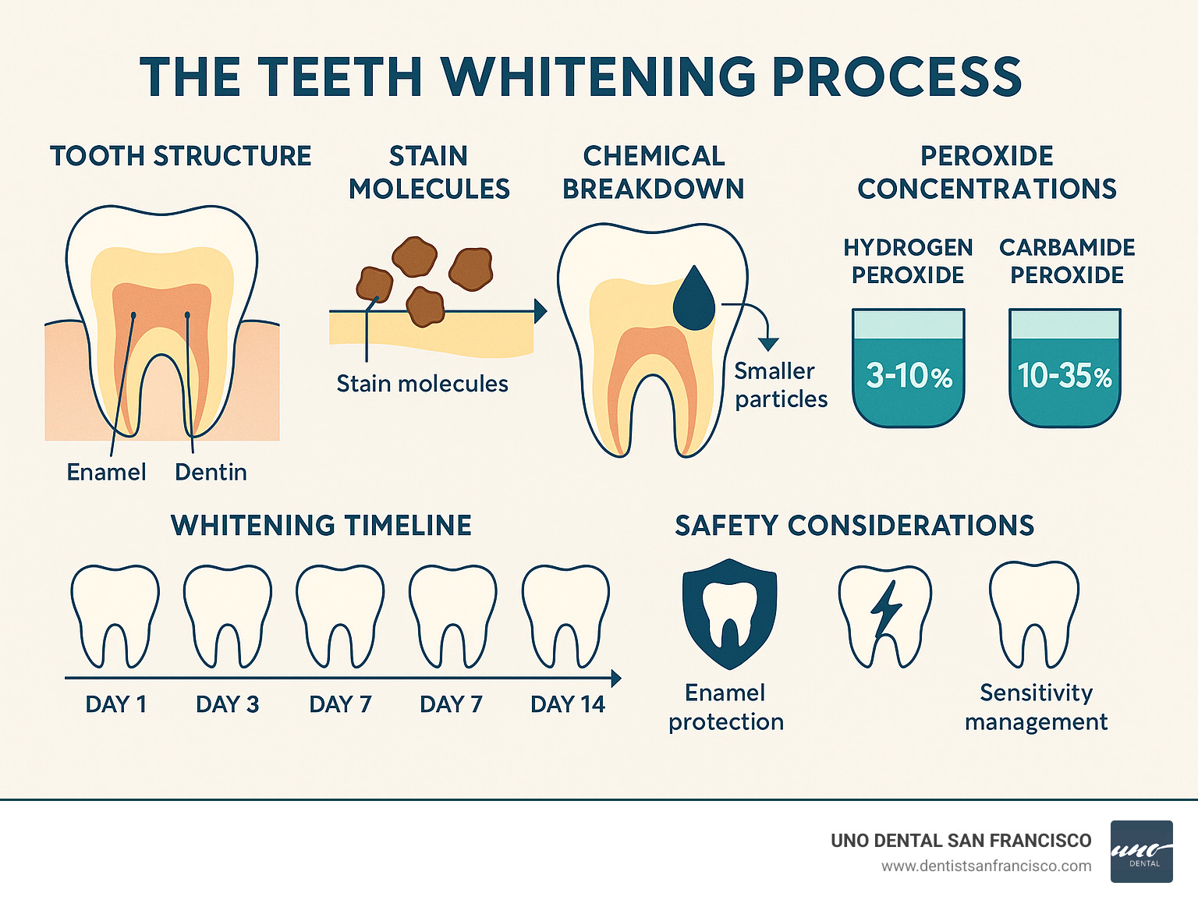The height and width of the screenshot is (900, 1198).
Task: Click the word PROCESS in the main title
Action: click(x=896, y=77)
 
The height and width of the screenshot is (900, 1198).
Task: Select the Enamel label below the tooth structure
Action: click(x=106, y=472)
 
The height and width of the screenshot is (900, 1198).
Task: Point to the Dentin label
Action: click(x=211, y=472)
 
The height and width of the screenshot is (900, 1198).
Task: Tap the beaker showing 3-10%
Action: click(x=909, y=368)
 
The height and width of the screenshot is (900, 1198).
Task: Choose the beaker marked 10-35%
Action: click(x=1065, y=368)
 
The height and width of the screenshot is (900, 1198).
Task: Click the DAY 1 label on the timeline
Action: click(x=115, y=704)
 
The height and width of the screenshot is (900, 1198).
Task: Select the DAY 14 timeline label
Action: click(x=567, y=704)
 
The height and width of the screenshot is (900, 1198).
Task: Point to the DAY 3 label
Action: click(x=227, y=704)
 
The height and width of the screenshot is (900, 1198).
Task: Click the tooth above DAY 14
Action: click(x=565, y=616)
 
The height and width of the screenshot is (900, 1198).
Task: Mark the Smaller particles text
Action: click(x=780, y=385)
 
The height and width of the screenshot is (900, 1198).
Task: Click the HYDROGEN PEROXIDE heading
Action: click(x=908, y=261)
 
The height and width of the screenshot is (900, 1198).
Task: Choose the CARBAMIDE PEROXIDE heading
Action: click(x=1067, y=261)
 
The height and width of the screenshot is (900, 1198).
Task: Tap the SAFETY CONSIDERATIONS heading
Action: click(x=854, y=526)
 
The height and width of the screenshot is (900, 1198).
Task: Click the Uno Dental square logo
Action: click(x=1141, y=852)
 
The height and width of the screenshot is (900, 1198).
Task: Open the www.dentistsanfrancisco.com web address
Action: click(x=986, y=866)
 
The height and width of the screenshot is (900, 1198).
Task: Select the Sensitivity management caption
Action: click(x=1036, y=707)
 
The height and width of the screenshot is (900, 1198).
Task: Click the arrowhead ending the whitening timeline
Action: click(x=616, y=679)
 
